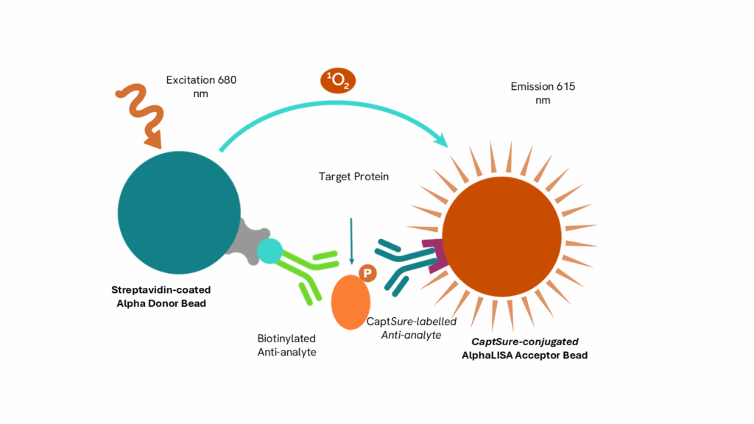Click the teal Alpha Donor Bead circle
pos(179,213)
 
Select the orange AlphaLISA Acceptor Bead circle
pos(501,236)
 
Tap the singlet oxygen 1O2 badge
pos(338,81)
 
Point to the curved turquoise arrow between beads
pos(335,103)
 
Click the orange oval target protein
pos(350,303)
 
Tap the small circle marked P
pos(367,274)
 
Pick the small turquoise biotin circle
pos(269,251)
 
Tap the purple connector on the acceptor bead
pos(436,255)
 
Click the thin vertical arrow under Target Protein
pos(351,241)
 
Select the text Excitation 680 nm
pos(201,87)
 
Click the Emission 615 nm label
pos(543,93)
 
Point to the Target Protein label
pos(353,177)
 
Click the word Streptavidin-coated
pos(161,290)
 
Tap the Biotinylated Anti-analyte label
pos(286,345)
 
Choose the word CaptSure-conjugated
pos(524,342)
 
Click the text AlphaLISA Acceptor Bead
pos(524,356)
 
